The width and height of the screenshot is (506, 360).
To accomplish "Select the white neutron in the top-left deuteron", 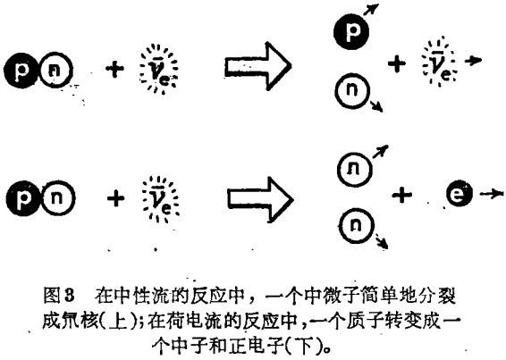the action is [x=55, y=71].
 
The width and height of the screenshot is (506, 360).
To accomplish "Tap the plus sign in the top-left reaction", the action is [x=114, y=69].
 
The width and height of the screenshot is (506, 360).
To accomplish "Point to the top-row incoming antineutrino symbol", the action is [x=158, y=70].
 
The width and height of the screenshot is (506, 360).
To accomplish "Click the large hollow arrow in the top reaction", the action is [x=257, y=66].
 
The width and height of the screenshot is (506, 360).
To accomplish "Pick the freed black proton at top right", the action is [x=351, y=31].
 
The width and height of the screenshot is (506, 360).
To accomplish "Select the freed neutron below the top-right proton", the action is [x=351, y=90].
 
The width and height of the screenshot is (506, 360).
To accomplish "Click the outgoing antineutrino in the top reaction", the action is [x=440, y=62].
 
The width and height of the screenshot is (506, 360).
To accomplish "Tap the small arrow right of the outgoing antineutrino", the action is [x=473, y=61].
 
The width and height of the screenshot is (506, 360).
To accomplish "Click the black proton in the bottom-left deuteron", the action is [x=23, y=198].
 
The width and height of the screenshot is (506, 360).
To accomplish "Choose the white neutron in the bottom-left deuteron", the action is [x=58, y=198].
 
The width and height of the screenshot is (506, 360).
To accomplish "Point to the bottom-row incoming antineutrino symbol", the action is [x=160, y=199].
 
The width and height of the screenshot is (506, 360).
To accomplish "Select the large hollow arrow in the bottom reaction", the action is [x=260, y=199].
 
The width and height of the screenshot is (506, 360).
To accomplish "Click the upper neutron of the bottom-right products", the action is [x=354, y=170].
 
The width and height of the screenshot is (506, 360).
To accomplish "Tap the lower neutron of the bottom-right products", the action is [x=357, y=225].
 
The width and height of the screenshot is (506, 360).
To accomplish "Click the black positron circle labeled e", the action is [x=460, y=194].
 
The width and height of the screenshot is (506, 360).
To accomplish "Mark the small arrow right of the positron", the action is [x=491, y=194].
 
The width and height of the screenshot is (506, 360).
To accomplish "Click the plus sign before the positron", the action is [x=401, y=195].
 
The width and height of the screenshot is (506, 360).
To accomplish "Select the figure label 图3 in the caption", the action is [x=59, y=296].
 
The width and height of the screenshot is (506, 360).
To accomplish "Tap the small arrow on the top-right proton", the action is [x=371, y=9].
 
